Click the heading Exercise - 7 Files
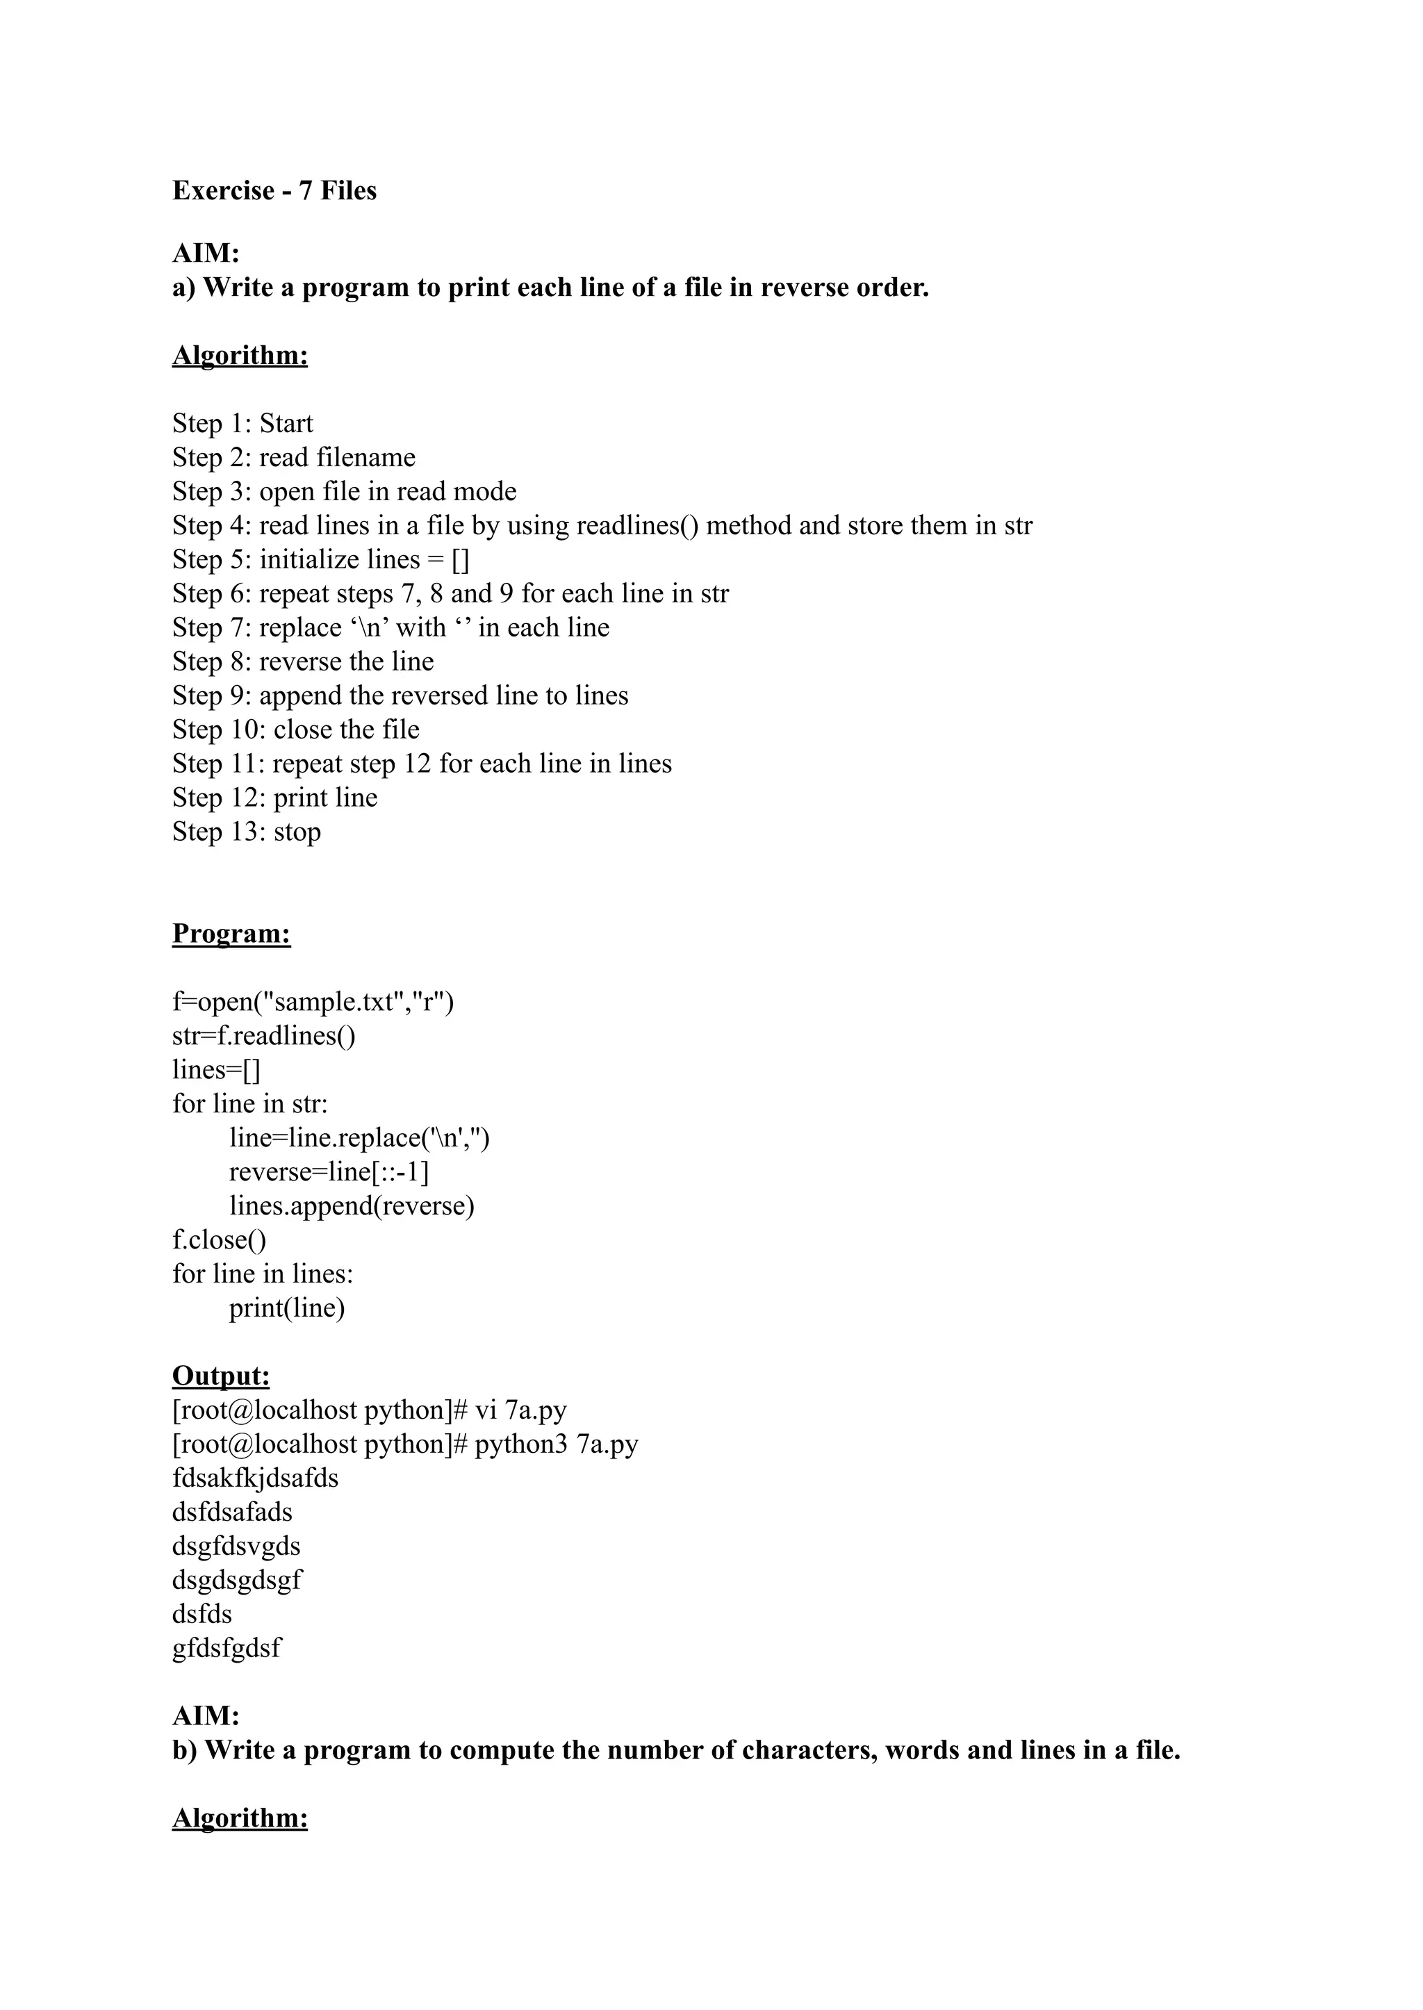(274, 191)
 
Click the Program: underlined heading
(231, 933)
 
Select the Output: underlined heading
(221, 1376)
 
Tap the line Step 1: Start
(242, 423)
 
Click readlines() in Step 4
(637, 526)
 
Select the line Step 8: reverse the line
(303, 661)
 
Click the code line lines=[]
(216, 1070)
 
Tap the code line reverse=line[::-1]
(329, 1171)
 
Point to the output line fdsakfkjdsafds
(255, 1478)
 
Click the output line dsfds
(202, 1614)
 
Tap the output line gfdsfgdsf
(227, 1648)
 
